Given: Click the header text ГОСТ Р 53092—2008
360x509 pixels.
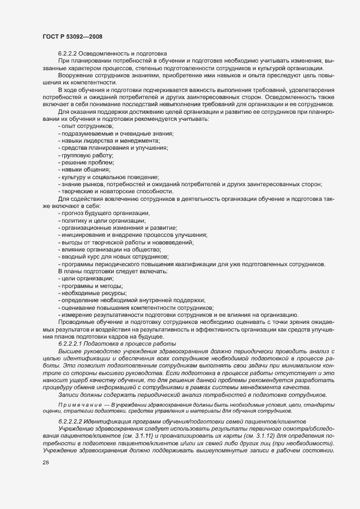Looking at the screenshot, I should [71, 36].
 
